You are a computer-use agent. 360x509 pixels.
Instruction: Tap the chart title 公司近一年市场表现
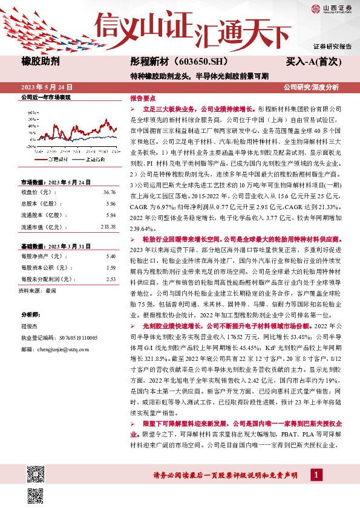[x=46, y=97]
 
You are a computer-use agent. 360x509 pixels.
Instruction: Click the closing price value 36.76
[x=109, y=192]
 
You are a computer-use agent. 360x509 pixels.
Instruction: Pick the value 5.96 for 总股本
[x=110, y=204]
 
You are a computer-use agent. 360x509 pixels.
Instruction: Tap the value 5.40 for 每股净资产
[x=110, y=257]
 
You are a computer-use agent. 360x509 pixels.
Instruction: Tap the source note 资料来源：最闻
[x=39, y=290]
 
